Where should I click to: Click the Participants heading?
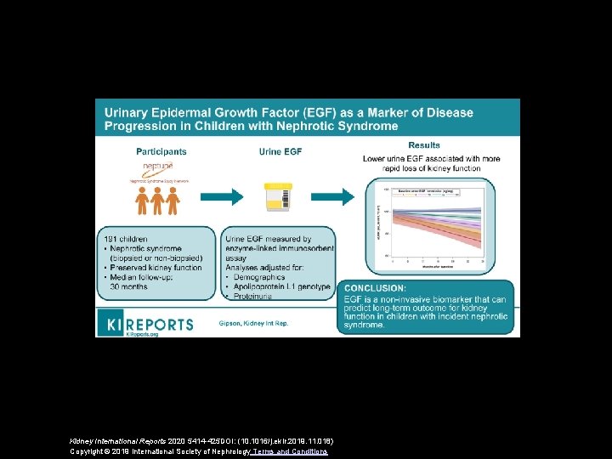161,151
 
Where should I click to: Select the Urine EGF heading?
281,151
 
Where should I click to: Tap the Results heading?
424,145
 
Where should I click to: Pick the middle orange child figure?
156,201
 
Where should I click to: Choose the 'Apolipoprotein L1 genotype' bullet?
283,287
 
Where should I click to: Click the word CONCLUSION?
375,288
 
